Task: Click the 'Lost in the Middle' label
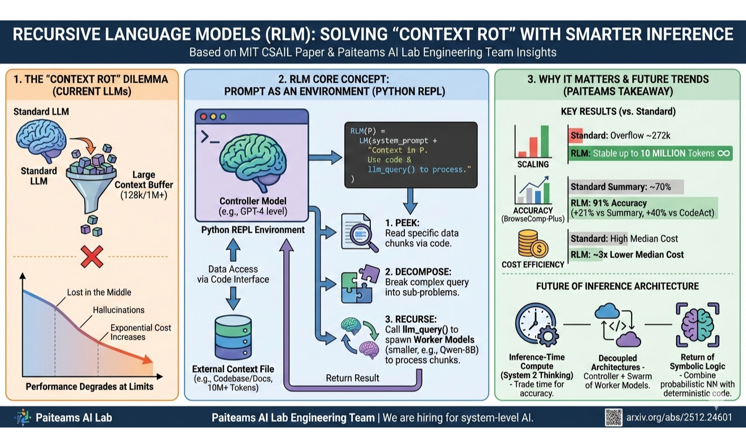coord(99,292)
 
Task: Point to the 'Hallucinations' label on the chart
coord(119,310)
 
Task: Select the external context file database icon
coord(233,337)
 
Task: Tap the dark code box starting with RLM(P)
coord(411,154)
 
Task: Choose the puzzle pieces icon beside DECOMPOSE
coord(360,284)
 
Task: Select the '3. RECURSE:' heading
coord(411,319)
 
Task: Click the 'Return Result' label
coord(352,378)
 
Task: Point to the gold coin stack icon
coord(532,244)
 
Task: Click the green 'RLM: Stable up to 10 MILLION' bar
coord(650,153)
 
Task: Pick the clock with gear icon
coord(537,324)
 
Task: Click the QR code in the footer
coord(614,417)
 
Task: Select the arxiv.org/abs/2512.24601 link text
coord(679,417)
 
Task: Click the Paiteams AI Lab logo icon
coord(23,417)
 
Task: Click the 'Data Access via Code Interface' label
coord(233,274)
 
